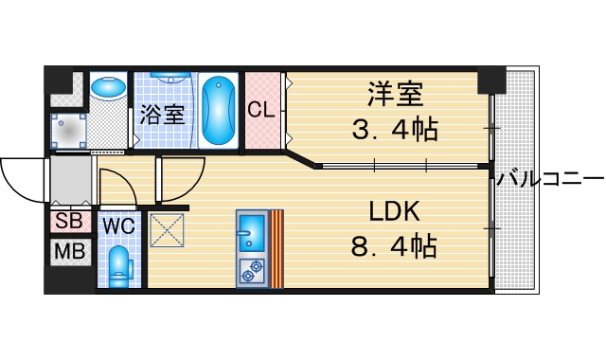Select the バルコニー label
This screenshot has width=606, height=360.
(x=550, y=178)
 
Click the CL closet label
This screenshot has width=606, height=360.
(x=262, y=110)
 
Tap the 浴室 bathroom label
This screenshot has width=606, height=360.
(x=161, y=115)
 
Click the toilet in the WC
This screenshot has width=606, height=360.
(x=120, y=265)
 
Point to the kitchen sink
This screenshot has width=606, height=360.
(x=252, y=230)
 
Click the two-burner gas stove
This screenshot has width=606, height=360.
(x=252, y=271)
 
